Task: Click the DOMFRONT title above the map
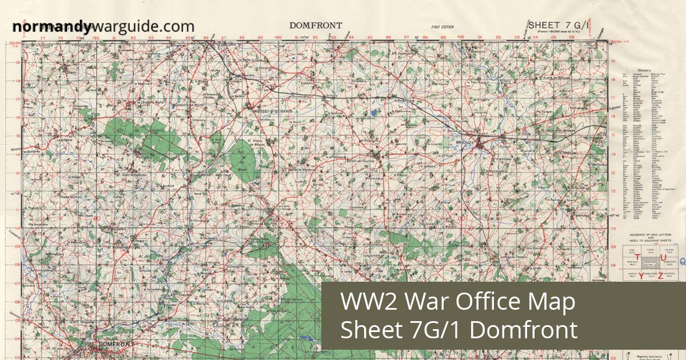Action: (x=316, y=25)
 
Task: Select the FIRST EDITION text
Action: (x=443, y=27)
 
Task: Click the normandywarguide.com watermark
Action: (x=103, y=26)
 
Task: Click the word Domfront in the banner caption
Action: (x=526, y=330)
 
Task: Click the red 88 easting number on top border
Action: (x=242, y=39)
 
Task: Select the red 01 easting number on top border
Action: (x=480, y=39)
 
